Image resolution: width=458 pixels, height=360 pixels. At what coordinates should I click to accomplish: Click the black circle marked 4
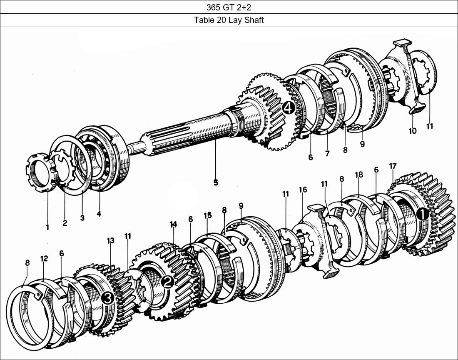[288, 109]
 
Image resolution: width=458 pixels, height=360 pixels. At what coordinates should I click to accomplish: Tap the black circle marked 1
[422, 214]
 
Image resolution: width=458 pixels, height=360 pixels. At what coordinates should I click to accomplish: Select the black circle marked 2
[167, 282]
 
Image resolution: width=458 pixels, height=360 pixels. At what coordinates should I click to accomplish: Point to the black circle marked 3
[107, 298]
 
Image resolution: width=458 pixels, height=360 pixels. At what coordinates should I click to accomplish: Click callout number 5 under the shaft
[216, 182]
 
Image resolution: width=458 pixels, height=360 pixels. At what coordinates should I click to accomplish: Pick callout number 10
[412, 130]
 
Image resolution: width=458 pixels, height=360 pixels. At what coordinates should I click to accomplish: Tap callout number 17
[392, 166]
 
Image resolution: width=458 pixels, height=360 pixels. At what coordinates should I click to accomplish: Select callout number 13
[110, 240]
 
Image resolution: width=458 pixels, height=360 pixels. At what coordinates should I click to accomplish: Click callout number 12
[44, 258]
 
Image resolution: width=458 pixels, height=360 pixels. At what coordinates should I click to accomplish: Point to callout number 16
[303, 190]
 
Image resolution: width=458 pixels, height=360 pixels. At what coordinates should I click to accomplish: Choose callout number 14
[173, 224]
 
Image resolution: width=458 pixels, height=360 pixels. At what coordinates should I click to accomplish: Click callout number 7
[327, 154]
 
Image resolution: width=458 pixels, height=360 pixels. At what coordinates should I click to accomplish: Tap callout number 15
[207, 215]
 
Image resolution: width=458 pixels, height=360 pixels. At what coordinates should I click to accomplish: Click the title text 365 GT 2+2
[229, 7]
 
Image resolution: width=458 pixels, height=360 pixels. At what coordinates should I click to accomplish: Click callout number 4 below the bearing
[99, 214]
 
